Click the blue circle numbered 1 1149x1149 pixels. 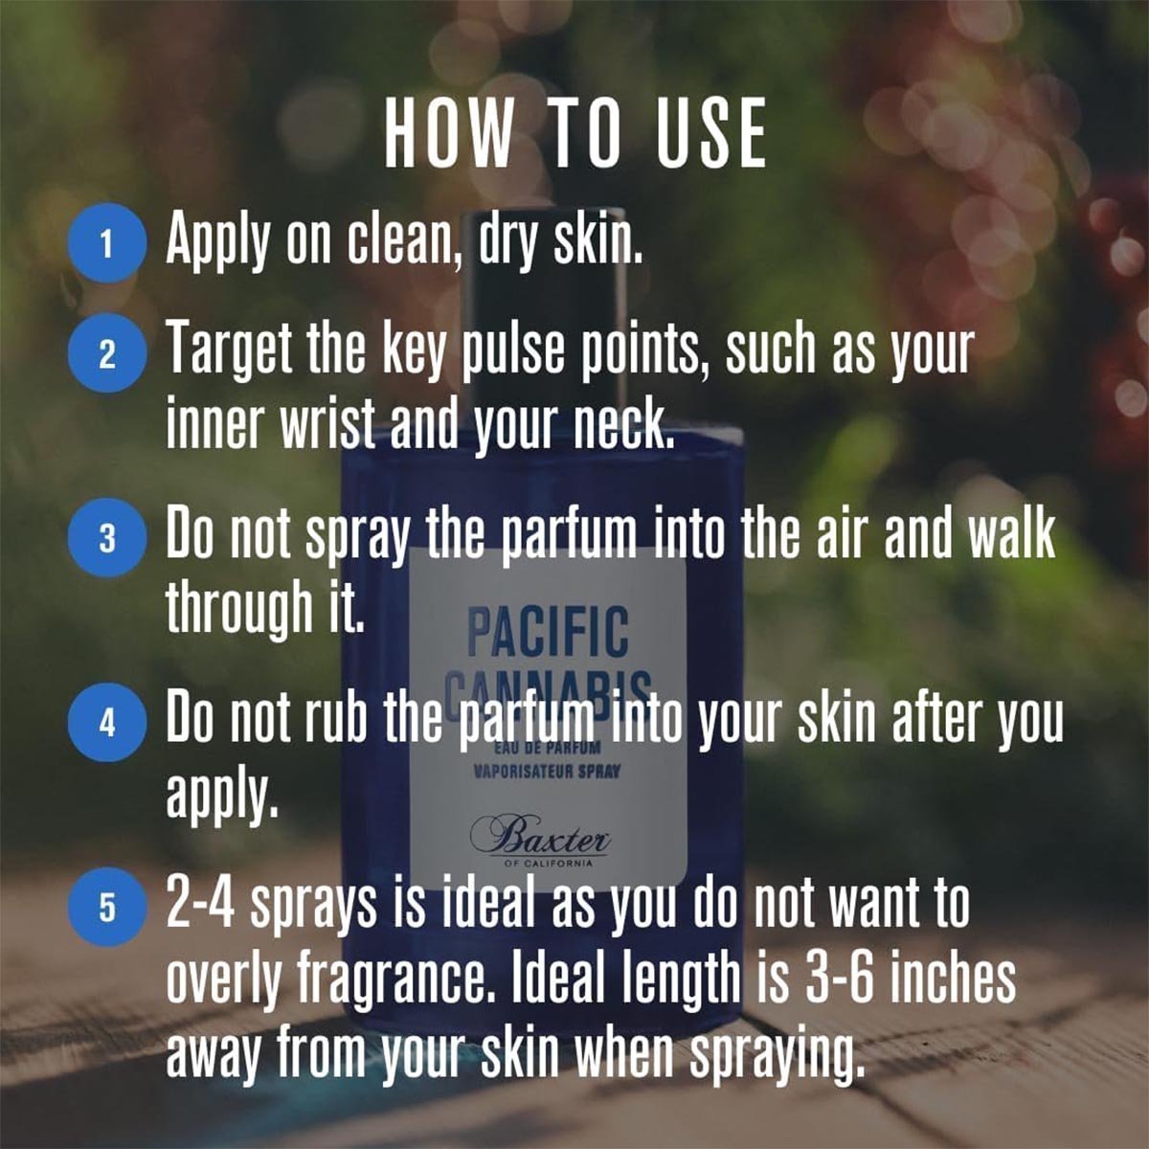coord(107,243)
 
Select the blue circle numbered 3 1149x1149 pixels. coord(107,537)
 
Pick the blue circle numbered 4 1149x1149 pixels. coord(107,722)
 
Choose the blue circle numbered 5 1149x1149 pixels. coord(107,907)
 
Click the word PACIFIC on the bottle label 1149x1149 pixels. coord(548,630)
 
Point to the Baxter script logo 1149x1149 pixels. coord(540,836)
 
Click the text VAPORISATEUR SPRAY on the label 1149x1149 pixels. coord(547,772)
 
